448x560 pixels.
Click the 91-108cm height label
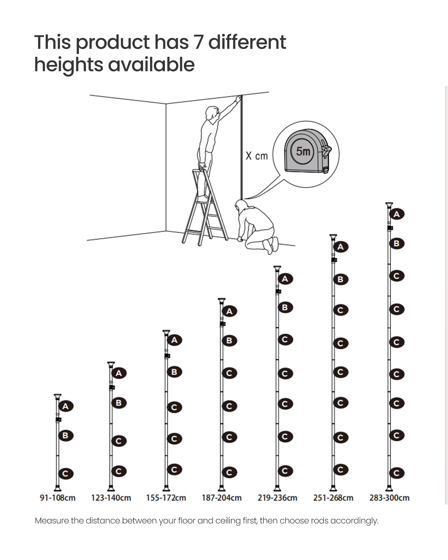(x=58, y=498)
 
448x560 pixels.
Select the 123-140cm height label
(x=111, y=498)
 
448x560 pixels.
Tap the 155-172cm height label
(x=166, y=498)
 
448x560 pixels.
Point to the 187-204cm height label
(x=222, y=498)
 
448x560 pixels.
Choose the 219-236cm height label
(x=277, y=498)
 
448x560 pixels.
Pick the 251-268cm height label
(x=333, y=498)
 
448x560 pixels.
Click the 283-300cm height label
(x=389, y=498)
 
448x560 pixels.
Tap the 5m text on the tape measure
(x=303, y=151)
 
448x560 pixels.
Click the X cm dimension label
(x=257, y=156)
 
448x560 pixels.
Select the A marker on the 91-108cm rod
(x=66, y=406)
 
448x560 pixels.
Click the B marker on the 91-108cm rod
(x=66, y=435)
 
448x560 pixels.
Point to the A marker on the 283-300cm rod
(x=397, y=214)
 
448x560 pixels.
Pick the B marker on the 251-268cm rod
(x=341, y=279)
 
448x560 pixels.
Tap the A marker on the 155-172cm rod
(x=174, y=340)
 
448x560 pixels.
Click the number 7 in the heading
(x=199, y=42)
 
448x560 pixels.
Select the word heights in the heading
(x=69, y=65)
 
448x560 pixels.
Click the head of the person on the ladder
(x=212, y=113)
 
